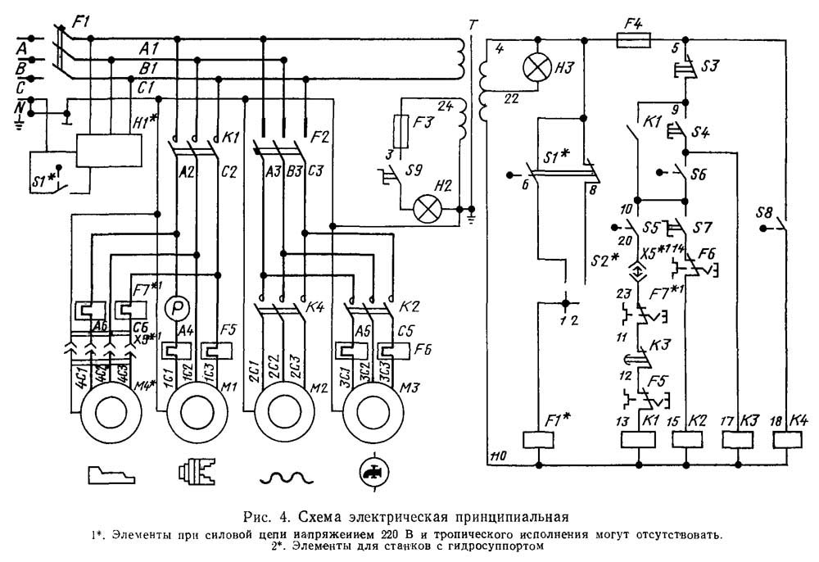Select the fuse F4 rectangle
tap(631, 38)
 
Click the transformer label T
tap(471, 24)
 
